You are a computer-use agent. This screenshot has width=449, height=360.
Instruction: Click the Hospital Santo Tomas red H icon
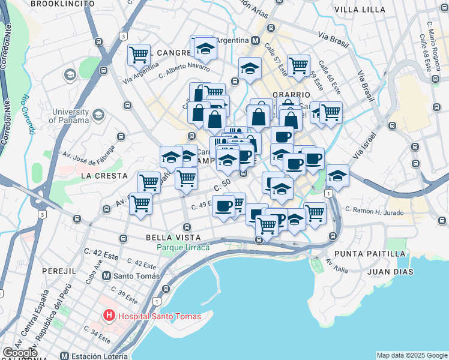click(x=109, y=315)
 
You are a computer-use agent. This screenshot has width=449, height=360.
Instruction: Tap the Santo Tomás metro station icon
click(x=107, y=276)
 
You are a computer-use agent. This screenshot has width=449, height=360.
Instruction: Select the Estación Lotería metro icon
click(x=65, y=356)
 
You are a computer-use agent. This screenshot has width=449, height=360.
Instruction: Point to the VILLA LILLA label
click(x=360, y=10)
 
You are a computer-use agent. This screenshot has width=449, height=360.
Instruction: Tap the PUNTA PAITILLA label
click(x=370, y=254)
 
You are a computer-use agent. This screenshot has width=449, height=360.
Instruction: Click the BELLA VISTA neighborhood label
click(x=173, y=238)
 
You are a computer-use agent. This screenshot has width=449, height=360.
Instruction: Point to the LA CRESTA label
click(x=104, y=176)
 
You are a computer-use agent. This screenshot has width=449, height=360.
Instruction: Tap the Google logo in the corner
click(x=20, y=352)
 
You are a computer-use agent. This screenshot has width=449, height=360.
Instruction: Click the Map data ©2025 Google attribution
click(x=411, y=355)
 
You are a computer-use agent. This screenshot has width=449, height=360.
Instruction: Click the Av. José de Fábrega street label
click(x=90, y=155)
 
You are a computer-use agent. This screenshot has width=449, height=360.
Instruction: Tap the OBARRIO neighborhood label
click(x=291, y=95)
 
